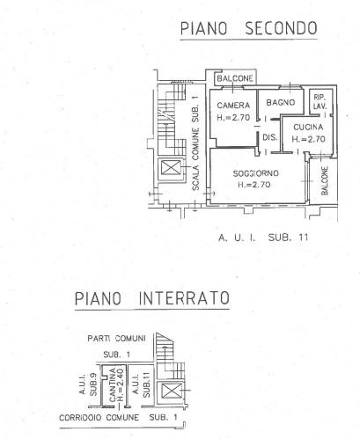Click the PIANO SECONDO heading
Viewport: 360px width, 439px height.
(x=248, y=28)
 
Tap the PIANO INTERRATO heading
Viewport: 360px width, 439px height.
(x=151, y=298)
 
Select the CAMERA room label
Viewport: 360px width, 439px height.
(x=233, y=105)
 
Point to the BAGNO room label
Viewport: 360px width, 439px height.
(x=281, y=102)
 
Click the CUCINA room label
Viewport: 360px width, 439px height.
(x=308, y=127)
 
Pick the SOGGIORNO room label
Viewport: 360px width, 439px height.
(x=255, y=173)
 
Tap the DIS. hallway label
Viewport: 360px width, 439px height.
(x=270, y=137)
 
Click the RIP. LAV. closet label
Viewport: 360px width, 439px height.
(x=320, y=102)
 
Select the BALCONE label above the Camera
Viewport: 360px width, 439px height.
(x=235, y=78)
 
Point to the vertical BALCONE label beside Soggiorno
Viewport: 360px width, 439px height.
(x=325, y=180)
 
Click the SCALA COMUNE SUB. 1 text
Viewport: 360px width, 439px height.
(x=195, y=143)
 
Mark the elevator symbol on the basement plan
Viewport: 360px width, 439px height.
(x=170, y=391)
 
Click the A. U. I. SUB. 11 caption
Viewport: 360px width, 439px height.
(x=263, y=238)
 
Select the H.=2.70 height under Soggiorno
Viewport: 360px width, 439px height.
(x=253, y=185)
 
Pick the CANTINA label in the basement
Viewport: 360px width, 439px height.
(x=113, y=385)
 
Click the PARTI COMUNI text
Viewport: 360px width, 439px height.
(x=116, y=339)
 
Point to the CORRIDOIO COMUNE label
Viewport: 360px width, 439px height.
(x=99, y=417)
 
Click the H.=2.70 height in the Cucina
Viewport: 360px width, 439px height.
(x=308, y=139)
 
